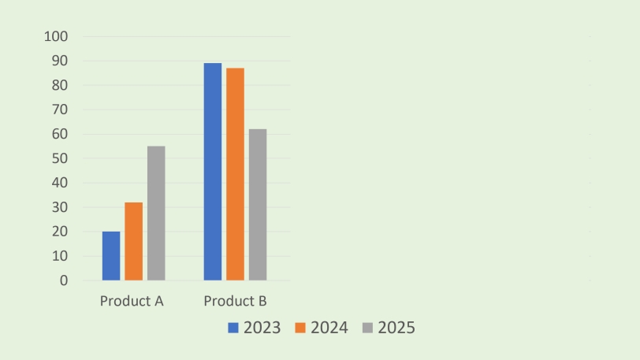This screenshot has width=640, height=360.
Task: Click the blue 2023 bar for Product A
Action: [x=111, y=256]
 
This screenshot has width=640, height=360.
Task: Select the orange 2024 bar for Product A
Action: [x=133, y=241]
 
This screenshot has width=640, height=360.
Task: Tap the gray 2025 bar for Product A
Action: [x=156, y=213]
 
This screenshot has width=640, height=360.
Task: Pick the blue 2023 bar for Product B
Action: [x=213, y=172]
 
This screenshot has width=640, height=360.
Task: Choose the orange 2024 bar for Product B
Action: [x=235, y=174]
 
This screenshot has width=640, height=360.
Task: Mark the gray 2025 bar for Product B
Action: [x=258, y=205]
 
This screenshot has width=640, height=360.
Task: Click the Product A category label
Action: [x=132, y=302]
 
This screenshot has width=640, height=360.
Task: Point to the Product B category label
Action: [x=235, y=302]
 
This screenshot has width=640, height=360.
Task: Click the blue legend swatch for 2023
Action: [x=233, y=328]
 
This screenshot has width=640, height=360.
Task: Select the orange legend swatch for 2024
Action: [x=300, y=328]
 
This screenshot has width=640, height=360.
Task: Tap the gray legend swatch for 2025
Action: [x=368, y=328]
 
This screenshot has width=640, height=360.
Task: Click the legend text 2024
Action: [x=329, y=328]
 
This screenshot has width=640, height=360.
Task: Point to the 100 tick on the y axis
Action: [x=57, y=36]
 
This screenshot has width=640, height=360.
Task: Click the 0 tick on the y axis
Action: [x=64, y=280]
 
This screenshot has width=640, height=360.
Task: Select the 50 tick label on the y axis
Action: [x=60, y=158]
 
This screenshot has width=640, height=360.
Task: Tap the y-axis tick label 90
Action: [x=60, y=61]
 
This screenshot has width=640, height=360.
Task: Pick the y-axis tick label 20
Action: [x=60, y=232]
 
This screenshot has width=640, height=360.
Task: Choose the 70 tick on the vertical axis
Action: [x=60, y=109]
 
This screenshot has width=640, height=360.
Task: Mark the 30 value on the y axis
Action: [x=60, y=207]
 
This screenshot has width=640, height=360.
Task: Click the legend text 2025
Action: [x=396, y=328]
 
